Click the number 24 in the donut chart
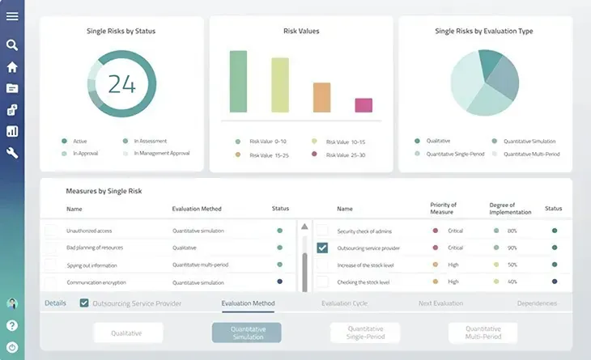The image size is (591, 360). click(x=121, y=84)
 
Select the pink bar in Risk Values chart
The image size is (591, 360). click(x=364, y=105)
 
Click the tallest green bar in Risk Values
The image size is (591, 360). click(x=237, y=82)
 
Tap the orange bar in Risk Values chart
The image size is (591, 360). click(x=321, y=97)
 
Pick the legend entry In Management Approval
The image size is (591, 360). click(x=161, y=153)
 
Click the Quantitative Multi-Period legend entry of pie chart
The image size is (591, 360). click(x=531, y=154)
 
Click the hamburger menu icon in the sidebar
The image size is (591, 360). click(x=12, y=16)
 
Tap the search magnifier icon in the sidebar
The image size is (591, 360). click(x=12, y=45)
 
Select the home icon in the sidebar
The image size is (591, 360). click(x=12, y=67)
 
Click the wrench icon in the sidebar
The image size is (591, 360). click(x=12, y=152)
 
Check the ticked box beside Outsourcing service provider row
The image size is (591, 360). click(x=322, y=248)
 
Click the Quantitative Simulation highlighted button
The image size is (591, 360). click(x=247, y=332)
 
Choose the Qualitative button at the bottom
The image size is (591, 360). click(x=127, y=332)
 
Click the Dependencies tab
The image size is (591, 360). click(x=537, y=303)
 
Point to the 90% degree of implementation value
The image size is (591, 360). click(x=512, y=248)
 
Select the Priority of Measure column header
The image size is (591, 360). click(x=443, y=209)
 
